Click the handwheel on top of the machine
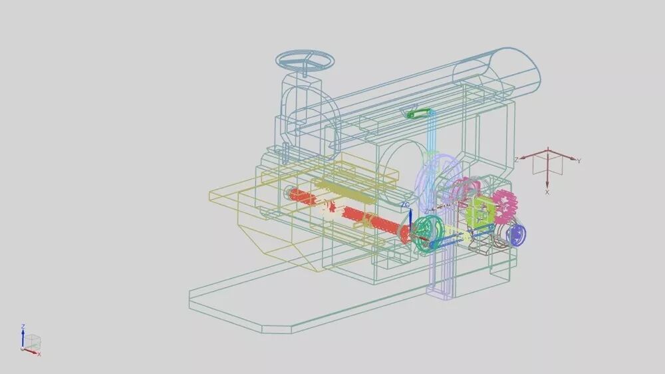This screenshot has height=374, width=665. pos(305,61)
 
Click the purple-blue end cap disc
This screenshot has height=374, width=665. pos(517,234)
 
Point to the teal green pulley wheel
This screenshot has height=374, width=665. pos(428,234)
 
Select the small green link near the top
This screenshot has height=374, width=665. pos(418,113)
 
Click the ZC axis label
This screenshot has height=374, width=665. pos(406,204)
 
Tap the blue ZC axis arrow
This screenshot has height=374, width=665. pos(410,221)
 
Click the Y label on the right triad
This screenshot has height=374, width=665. pos(579,161)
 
